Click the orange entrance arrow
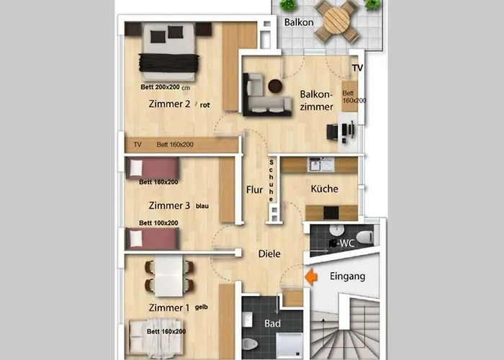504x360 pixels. coord(311,276)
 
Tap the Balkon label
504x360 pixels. coord(299,22)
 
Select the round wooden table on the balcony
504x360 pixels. coord(336,20)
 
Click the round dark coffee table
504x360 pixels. coord(275,86)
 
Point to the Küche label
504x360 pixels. coord(324,189)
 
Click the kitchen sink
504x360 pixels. coord(320,165)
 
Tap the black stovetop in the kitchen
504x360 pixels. coord(331,212)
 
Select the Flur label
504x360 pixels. coord(255,190)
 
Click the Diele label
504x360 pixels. coord(269,254)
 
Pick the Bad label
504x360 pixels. coord(273,323)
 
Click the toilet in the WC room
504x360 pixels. coord(364,237)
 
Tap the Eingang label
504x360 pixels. coord(348,276)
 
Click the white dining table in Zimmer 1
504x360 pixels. coord(169,276)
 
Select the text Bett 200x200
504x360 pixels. coord(160,87)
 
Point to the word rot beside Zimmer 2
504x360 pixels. coord(204,105)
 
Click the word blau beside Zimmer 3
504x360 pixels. coord(202,206)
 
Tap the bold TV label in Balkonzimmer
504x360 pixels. coord(357,68)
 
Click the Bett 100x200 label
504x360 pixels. coord(158,223)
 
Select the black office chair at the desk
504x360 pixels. coord(333,132)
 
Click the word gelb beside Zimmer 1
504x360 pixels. coord(202,307)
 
